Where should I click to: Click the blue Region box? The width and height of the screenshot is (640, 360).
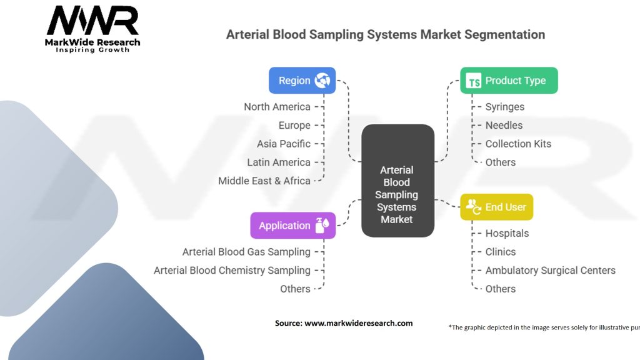pyautogui.click(x=302, y=81)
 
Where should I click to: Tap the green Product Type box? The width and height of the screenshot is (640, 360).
pyautogui.click(x=509, y=81)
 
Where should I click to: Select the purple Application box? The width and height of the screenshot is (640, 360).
pyautogui.click(x=292, y=226)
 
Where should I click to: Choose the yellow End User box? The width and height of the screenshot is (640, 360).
pyautogui.click(x=496, y=207)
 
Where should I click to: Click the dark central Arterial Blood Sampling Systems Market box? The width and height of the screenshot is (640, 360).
pyautogui.click(x=397, y=181)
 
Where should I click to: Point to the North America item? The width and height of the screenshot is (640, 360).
pyautogui.click(x=277, y=107)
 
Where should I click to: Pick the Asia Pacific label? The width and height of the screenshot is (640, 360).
pyautogui.click(x=283, y=144)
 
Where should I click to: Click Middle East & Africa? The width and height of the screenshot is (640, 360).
pyautogui.click(x=264, y=181)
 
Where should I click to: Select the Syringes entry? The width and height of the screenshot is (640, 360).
pyautogui.click(x=504, y=107)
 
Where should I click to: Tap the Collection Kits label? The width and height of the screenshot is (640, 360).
pyautogui.click(x=518, y=144)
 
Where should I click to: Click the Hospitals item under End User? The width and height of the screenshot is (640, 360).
pyautogui.click(x=507, y=233)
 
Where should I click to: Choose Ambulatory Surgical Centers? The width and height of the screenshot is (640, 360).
pyautogui.click(x=550, y=270)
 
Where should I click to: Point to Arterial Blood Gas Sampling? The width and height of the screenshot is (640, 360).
pyautogui.click(x=246, y=252)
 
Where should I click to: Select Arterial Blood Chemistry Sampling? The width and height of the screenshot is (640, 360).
pyautogui.click(x=232, y=270)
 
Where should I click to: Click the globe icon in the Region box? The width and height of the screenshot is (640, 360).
pyautogui.click(x=322, y=81)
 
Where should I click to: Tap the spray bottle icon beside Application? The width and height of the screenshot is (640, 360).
pyautogui.click(x=322, y=226)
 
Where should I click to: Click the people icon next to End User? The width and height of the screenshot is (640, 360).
pyautogui.click(x=474, y=206)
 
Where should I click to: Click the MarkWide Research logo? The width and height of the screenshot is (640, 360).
pyautogui.click(x=93, y=29)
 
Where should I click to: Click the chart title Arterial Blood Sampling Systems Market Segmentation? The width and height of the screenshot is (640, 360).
pyautogui.click(x=385, y=34)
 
